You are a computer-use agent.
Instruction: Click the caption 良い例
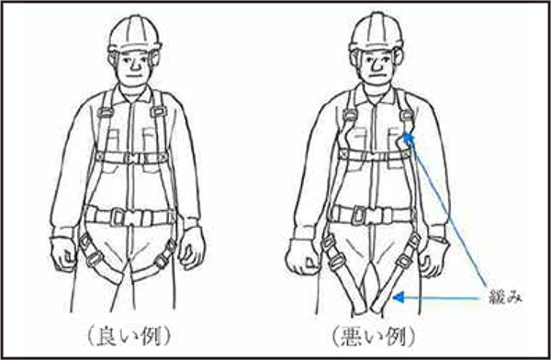(x=129, y=336)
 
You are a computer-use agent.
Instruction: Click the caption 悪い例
(x=374, y=336)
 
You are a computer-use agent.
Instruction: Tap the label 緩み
(x=506, y=298)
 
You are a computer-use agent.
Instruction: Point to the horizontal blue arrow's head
(x=398, y=298)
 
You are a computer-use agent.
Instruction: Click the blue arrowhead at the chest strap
(x=408, y=138)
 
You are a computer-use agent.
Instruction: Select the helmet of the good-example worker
(x=134, y=34)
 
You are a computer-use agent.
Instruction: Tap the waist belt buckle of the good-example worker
(x=130, y=216)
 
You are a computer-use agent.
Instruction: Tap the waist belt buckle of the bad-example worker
(x=373, y=214)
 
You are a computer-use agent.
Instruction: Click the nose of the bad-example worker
(x=375, y=63)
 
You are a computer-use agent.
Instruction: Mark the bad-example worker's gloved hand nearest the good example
(x=303, y=256)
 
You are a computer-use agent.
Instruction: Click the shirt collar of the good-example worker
(x=133, y=94)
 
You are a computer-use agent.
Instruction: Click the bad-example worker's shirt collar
(x=376, y=94)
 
